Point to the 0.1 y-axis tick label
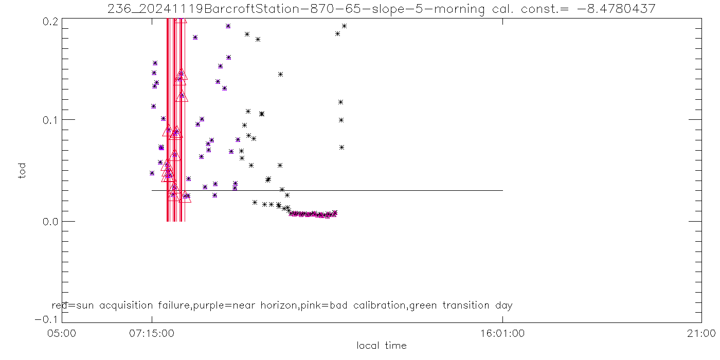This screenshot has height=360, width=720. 50,120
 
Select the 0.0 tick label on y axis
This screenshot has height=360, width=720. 50,221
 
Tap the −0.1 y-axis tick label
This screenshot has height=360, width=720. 46,319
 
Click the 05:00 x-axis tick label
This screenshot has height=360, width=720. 62,333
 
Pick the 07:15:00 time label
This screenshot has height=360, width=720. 152,333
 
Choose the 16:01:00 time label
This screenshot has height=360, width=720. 502,333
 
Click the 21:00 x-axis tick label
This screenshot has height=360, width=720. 701,333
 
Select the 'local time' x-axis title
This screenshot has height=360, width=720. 382,346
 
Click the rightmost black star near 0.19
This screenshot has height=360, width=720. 344,26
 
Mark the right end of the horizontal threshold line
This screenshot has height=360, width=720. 502,190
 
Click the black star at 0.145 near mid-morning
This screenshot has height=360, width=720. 280,74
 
